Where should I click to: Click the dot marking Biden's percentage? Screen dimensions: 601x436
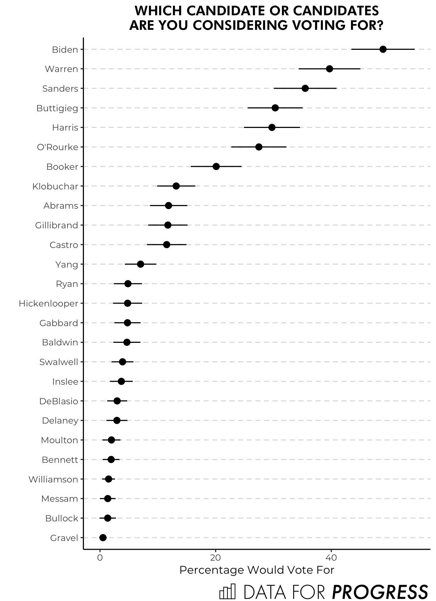click(383, 49)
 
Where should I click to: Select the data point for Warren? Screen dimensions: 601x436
click(330, 69)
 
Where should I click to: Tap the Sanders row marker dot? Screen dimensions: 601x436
click(305, 88)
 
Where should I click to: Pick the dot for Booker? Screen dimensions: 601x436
click(216, 167)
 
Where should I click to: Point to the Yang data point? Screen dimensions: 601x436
click(141, 264)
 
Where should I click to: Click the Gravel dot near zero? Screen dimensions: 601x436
click(103, 538)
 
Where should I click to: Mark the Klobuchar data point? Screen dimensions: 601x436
click(176, 186)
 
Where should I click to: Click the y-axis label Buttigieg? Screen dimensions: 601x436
click(57, 108)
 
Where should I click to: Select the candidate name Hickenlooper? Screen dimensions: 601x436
click(48, 303)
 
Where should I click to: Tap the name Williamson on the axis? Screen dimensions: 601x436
click(53, 479)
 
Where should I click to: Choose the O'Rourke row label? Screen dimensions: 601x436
click(57, 147)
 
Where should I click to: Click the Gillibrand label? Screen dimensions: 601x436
click(56, 225)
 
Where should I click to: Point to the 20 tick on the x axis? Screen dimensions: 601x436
click(215, 558)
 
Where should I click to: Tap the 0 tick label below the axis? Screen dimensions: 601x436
click(100, 558)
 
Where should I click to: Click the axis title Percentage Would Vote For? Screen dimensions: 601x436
click(257, 570)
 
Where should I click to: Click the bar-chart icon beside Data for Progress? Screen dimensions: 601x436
click(227, 592)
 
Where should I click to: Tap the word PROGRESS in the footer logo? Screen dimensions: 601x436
click(380, 592)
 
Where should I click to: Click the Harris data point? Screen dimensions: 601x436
click(272, 128)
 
